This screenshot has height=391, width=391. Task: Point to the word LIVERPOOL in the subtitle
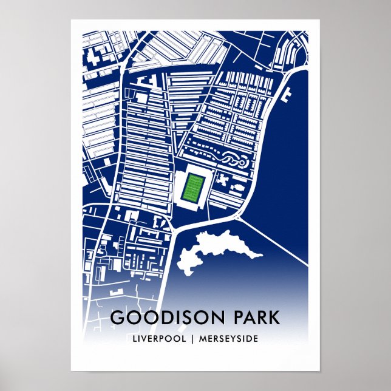click(x=157, y=338)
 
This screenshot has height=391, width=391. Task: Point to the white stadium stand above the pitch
click(x=195, y=168)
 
